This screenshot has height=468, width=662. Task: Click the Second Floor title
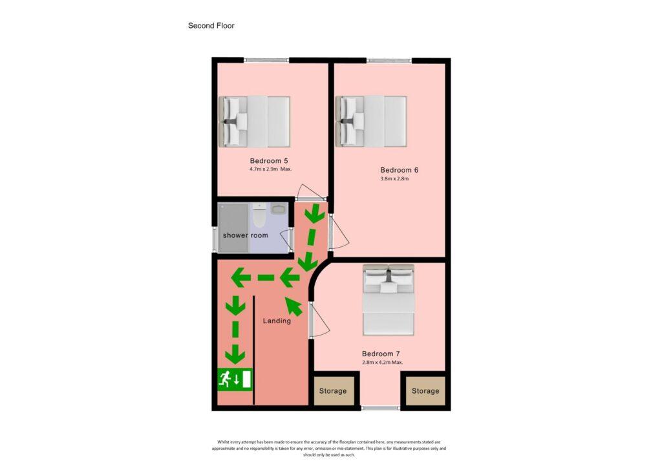pos(211,26)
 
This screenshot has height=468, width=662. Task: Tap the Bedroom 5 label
pos(269,161)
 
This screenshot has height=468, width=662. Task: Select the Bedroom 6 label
pos(400,170)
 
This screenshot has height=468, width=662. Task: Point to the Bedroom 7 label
pos(381,354)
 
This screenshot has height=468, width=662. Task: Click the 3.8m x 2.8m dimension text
pos(395,178)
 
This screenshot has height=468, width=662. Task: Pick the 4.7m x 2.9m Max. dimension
pos(271,169)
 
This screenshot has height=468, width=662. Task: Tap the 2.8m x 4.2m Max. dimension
pos(383,362)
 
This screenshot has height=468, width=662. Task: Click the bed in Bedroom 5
pos(255,122)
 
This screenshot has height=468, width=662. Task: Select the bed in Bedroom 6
pos(371,122)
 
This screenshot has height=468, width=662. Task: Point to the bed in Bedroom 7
pos(389,300)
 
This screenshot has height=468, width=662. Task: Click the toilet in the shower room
pos(259,215)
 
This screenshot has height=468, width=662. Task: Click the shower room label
pos(245,235)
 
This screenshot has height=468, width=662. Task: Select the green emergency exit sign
pos(235,379)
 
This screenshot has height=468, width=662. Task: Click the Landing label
pos(277,321)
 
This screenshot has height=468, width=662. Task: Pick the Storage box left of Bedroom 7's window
pos(333,391)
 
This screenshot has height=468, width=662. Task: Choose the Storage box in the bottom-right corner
pos(425,391)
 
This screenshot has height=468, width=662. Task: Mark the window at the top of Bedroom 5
pos(266,60)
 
